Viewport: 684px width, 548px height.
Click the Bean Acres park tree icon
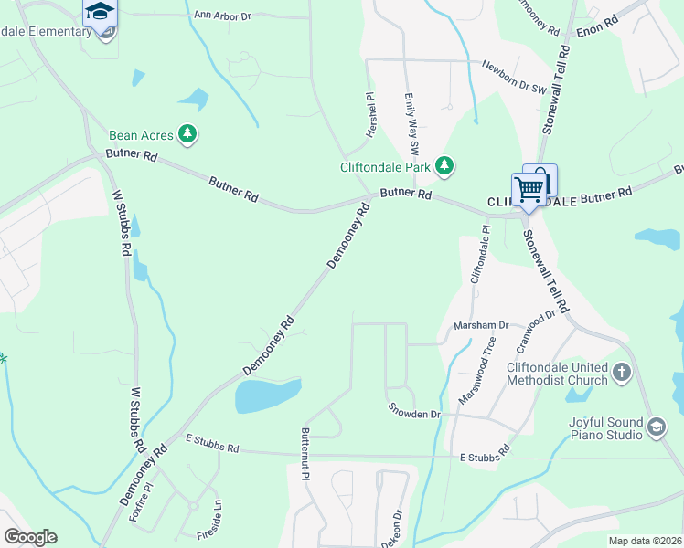tap(187, 135)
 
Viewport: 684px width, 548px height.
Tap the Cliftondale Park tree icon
tap(444, 166)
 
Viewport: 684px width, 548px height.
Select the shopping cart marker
tap(529, 190)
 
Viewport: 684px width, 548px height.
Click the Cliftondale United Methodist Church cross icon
tap(622, 373)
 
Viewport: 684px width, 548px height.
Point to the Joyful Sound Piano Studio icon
tap(657, 427)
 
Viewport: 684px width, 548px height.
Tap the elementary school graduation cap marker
tap(100, 12)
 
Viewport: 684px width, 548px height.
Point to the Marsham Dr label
tap(481, 325)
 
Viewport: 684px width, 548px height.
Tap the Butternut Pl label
tap(305, 452)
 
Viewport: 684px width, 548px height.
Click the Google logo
tap(30, 537)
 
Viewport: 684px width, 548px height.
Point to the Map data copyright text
tap(644, 541)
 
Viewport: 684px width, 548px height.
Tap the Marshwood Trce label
tap(477, 372)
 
